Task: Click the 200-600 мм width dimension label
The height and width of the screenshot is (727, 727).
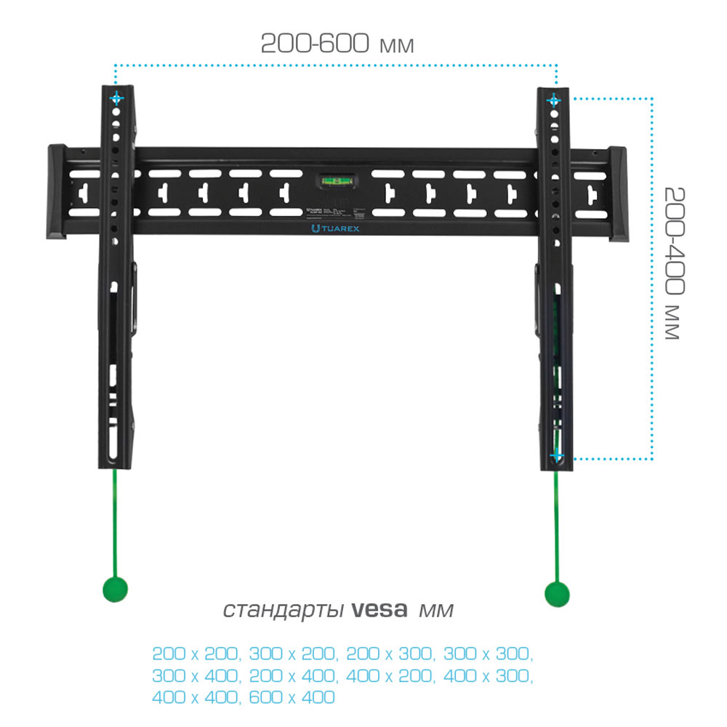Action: point(337,43)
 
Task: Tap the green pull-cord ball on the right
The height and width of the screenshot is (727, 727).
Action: point(558,593)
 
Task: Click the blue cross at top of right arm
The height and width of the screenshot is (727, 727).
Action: point(554,99)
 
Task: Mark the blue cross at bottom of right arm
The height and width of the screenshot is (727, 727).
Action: point(556,457)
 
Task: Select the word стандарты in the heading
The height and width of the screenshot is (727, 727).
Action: point(283,609)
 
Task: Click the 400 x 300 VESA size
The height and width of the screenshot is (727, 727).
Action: point(486,675)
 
